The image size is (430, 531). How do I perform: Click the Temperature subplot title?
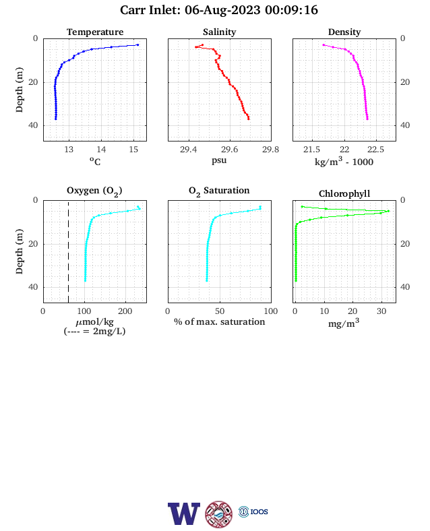point(95,32)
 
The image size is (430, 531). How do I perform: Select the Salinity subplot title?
point(220,32)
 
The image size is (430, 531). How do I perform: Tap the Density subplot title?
point(344,32)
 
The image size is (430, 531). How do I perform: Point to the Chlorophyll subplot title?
point(344,193)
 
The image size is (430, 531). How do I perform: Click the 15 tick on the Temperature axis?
point(133,150)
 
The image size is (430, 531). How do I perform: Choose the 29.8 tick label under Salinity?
point(270,150)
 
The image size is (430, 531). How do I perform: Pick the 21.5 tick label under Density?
point(311,150)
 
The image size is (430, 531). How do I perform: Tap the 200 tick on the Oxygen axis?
point(125,311)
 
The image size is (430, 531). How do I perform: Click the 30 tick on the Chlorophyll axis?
point(381,311)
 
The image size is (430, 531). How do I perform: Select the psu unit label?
point(219,160)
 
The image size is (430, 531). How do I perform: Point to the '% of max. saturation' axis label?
point(220,321)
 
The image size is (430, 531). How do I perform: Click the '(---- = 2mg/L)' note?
point(94,331)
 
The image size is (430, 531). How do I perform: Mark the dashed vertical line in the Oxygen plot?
point(68,251)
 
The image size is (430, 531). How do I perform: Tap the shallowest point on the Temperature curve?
point(137,44)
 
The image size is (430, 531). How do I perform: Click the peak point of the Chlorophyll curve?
point(388,211)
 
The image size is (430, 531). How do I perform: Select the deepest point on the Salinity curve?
point(249,119)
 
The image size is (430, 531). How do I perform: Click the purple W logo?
point(184,513)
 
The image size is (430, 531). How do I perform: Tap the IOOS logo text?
point(259,511)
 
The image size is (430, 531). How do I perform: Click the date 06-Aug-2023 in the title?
point(222,10)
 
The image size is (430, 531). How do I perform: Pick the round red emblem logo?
point(219,514)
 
